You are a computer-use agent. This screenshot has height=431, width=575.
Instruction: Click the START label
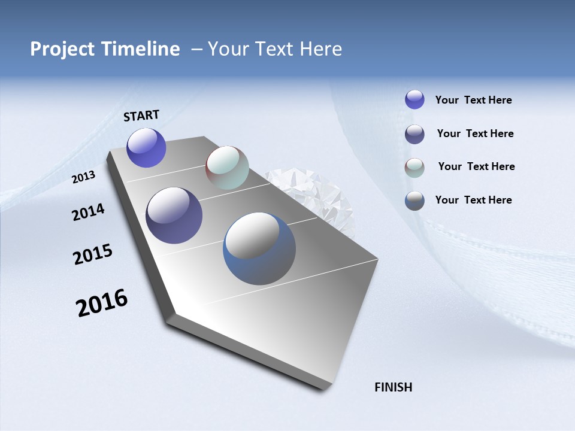coord(141,116)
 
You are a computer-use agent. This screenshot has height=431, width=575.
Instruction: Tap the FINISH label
coord(393,387)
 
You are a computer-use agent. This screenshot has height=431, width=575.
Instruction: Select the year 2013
coord(83,177)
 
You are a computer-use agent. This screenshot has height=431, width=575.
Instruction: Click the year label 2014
coord(88,213)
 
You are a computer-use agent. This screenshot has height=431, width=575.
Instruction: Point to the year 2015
coord(93,254)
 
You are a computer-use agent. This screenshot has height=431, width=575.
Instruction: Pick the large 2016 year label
coord(102,302)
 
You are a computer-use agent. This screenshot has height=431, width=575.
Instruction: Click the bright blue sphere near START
coord(146,147)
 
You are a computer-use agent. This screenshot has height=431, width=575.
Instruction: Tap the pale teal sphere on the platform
coord(227,168)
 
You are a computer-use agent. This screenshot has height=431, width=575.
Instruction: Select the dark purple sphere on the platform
coord(174,215)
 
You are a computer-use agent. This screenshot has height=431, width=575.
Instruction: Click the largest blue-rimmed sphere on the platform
coord(259,248)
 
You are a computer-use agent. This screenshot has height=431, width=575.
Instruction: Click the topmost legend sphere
coord(414,99)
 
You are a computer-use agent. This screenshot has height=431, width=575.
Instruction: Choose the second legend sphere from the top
coord(414,134)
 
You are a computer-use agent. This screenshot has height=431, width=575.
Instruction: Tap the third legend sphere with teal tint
coord(414,167)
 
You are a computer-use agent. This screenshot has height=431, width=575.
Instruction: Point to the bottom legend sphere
coord(414,201)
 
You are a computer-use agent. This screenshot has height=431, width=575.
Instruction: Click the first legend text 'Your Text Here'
coord(473,100)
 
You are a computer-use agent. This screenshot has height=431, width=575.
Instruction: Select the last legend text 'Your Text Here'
coord(473,200)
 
